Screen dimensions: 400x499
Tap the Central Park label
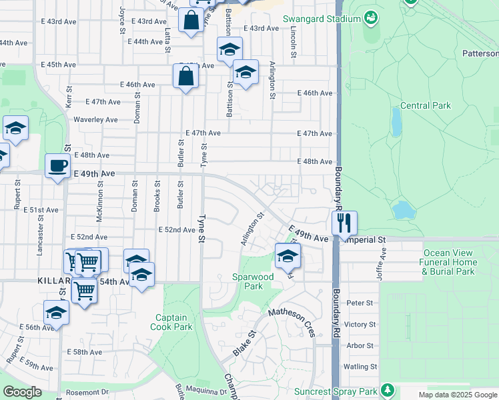(x=426, y=105)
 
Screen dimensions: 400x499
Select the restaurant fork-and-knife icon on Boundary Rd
(x=344, y=223)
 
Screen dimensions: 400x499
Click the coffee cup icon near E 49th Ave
(x=57, y=165)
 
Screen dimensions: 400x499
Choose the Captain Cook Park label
(x=173, y=322)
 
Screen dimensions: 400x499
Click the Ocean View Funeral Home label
(x=457, y=262)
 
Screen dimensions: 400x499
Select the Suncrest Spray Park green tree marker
(x=388, y=391)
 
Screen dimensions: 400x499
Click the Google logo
(x=23, y=392)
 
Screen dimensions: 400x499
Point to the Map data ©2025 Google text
(x=458, y=395)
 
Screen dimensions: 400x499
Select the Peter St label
(x=360, y=303)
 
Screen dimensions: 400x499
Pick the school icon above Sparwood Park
(x=288, y=255)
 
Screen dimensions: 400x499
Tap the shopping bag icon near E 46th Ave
(x=185, y=75)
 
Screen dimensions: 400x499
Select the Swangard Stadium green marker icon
(x=370, y=19)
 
